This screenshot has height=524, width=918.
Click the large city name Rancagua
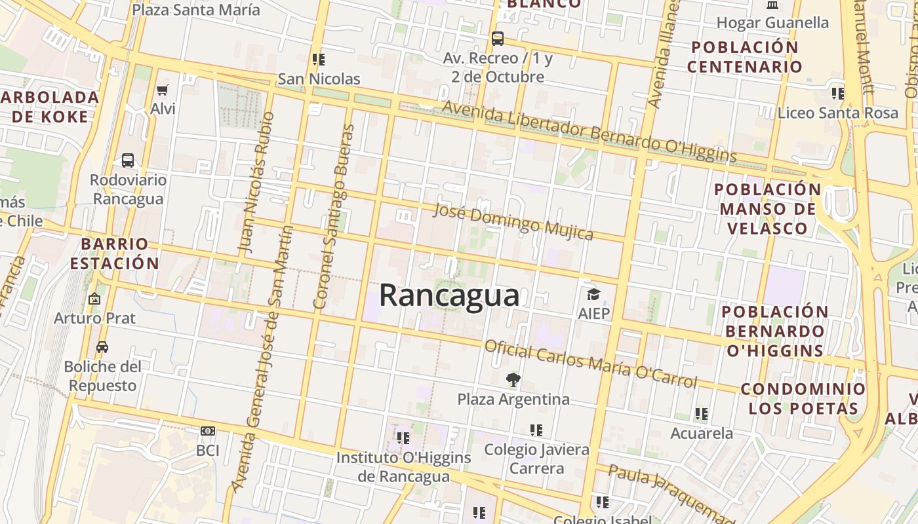[x=449, y=295]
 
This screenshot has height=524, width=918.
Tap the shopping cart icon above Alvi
[x=162, y=90]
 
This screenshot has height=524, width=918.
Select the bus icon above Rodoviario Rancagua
[x=128, y=160]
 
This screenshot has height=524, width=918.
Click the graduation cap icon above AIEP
[x=593, y=295]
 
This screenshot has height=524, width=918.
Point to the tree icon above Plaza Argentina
[x=513, y=379]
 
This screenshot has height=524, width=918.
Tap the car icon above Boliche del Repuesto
[x=102, y=347]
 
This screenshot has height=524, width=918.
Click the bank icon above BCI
[x=208, y=431]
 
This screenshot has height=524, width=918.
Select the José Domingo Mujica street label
[x=513, y=221]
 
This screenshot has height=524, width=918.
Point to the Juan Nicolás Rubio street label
[x=256, y=183]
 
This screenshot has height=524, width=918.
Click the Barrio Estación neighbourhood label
[x=115, y=253]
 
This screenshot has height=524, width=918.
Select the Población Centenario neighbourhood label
[x=745, y=57]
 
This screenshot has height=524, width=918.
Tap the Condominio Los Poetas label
[x=803, y=398]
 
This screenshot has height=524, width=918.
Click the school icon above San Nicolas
[x=319, y=60]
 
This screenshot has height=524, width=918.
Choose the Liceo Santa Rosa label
[x=837, y=113]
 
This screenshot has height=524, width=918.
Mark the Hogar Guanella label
[x=772, y=23]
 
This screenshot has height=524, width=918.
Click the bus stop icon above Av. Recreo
[x=498, y=39]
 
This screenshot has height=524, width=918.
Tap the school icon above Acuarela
[x=702, y=414]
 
